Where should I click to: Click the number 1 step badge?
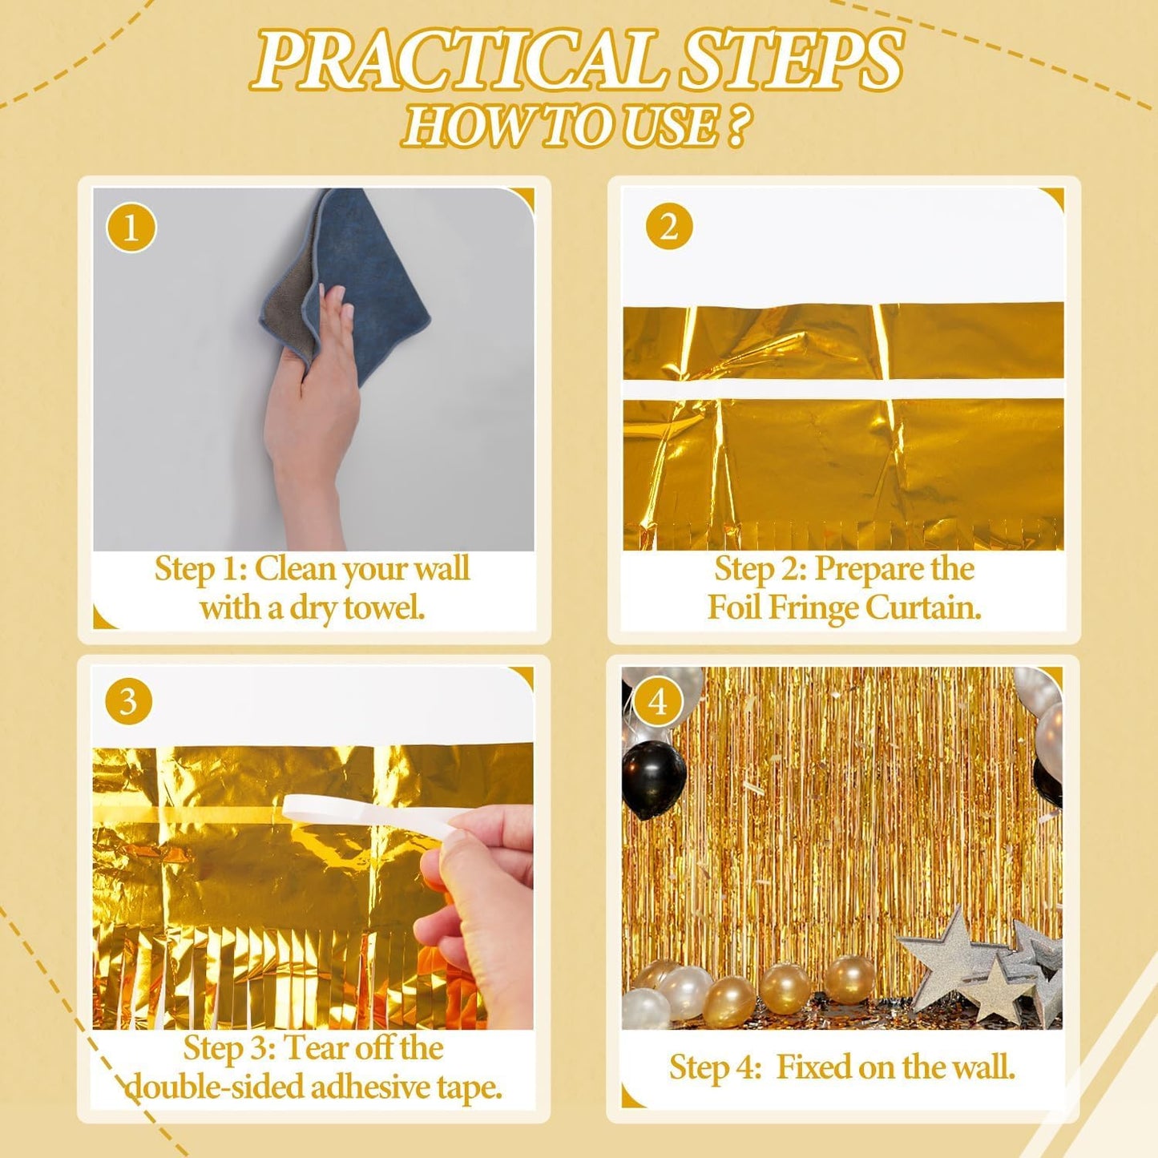click(x=131, y=228)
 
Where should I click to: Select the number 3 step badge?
click(x=128, y=702)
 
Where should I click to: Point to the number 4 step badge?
click(x=658, y=702)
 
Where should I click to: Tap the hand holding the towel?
click(x=313, y=401)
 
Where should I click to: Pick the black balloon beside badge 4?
click(x=653, y=777)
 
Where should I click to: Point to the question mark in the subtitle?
click(x=737, y=127)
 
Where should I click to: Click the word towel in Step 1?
click(x=383, y=608)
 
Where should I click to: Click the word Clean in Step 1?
click(x=295, y=569)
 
